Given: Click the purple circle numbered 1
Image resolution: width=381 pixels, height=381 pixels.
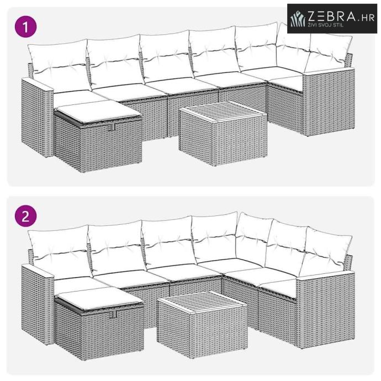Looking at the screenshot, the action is click(x=25, y=27).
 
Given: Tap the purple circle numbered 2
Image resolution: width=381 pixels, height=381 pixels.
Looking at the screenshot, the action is click(x=25, y=216).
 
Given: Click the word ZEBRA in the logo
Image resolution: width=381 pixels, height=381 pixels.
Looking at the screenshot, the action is click(x=332, y=16).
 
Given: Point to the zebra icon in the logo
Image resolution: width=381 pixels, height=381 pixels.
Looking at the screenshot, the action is click(x=298, y=19).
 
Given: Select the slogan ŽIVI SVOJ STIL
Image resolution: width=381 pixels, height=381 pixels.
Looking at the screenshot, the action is click(x=326, y=25).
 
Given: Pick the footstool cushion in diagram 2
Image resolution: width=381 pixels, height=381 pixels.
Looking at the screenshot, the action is click(x=99, y=300).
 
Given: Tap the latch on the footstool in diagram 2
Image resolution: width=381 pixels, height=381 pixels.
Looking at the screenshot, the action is click(x=114, y=314).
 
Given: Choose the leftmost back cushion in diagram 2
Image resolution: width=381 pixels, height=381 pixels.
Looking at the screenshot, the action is click(x=60, y=251).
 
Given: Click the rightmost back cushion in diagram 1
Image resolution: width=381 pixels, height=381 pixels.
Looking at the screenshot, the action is click(x=329, y=52).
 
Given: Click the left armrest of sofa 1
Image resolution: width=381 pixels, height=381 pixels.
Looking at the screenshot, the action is click(x=38, y=117).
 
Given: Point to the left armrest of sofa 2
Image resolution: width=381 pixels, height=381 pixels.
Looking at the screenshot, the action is click(x=38, y=304).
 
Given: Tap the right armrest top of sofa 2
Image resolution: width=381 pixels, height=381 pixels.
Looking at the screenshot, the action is click(x=326, y=274).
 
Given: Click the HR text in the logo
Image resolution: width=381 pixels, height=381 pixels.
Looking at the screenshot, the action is click(x=368, y=18).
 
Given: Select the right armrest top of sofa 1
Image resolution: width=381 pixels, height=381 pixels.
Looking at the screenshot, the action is click(x=329, y=71).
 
